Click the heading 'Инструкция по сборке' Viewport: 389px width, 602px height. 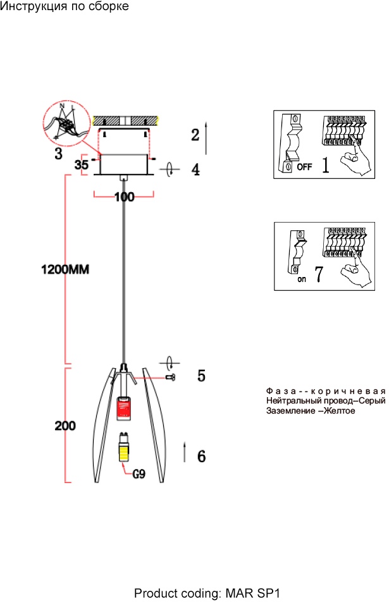65,7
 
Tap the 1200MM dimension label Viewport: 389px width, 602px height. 66,269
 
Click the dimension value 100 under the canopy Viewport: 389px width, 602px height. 125,197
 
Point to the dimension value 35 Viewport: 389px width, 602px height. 81,165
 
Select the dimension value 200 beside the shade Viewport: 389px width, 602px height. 65,426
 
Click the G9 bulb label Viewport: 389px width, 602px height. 139,472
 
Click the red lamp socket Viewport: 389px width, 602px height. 125,407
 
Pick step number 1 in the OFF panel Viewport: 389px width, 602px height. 325,166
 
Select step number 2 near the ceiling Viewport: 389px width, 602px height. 195,135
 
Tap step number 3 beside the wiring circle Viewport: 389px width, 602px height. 58,153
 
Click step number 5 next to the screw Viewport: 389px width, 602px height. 201,376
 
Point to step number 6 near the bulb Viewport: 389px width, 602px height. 201,455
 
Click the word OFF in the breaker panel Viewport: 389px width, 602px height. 304,168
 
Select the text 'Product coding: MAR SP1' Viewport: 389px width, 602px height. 207,594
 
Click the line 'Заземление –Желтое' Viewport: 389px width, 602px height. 311,411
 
